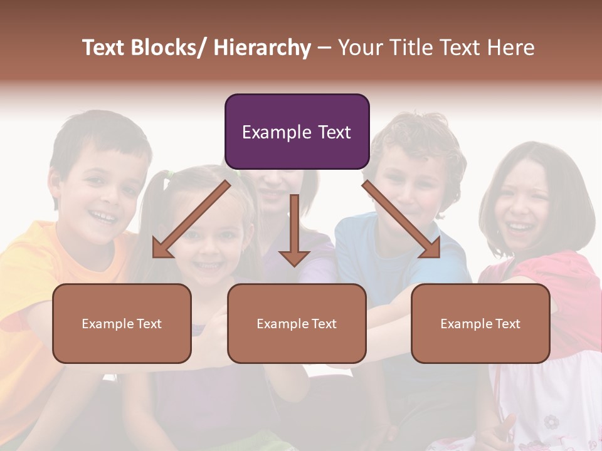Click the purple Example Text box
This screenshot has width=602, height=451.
pos(297,132)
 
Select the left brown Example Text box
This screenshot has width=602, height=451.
pos(122,323)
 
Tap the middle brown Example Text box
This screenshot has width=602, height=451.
pos(297,323)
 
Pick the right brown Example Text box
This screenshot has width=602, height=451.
pos(480,323)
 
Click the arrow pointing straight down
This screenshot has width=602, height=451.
pos(294,232)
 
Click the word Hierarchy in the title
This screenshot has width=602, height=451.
pos(262,48)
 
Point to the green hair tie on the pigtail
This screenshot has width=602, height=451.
pos(167,182)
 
